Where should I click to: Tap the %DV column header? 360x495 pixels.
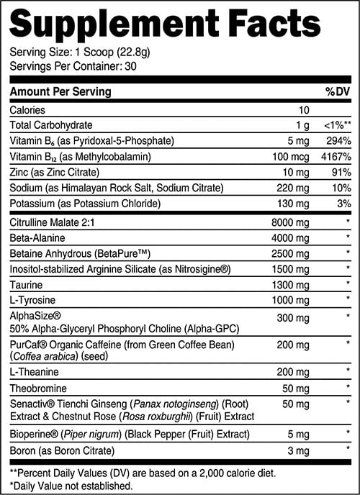338,92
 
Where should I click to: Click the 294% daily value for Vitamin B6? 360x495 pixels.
338,140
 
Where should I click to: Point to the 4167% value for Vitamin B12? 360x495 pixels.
336,156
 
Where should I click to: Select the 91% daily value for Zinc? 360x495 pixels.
341,172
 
